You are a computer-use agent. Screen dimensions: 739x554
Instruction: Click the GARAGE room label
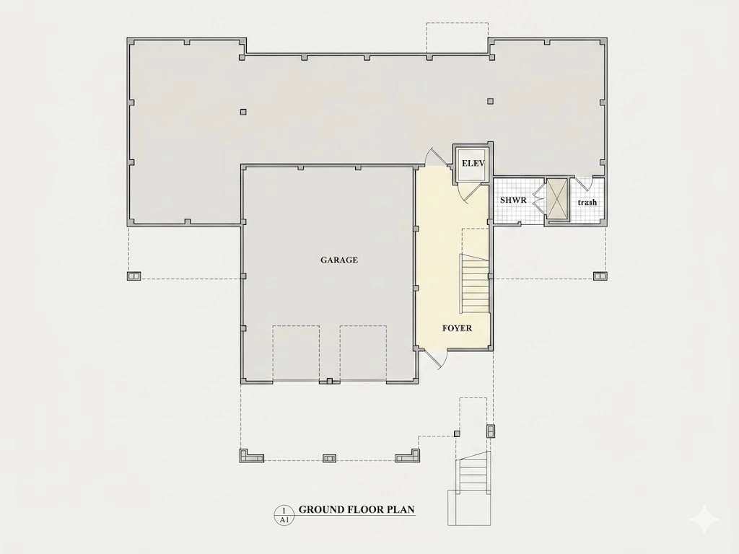339,260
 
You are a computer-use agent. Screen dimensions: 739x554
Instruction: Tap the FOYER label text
457,328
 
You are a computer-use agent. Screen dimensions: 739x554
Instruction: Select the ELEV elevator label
473,164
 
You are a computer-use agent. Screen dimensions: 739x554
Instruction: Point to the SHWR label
513,200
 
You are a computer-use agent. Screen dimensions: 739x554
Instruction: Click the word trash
587,202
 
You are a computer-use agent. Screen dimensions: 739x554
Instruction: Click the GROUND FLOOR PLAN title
357,509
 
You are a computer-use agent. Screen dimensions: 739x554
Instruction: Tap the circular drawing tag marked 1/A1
284,515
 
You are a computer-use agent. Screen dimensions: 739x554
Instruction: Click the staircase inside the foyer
473,283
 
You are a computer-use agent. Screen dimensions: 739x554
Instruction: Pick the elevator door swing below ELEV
469,193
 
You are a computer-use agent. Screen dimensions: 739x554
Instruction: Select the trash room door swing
585,183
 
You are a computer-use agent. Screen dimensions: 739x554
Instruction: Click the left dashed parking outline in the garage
296,353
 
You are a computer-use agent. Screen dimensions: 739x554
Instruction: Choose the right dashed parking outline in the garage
364,353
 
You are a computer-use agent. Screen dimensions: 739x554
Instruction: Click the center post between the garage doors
330,381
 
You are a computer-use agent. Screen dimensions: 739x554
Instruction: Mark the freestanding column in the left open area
243,112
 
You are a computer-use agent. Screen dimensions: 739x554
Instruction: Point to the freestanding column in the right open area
491,101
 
